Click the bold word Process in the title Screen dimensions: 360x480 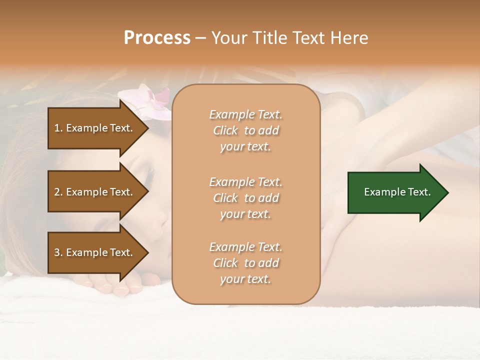157,38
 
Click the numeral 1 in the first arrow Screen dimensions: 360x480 57,128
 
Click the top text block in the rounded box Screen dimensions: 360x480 245,130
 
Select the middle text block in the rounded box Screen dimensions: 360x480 245,197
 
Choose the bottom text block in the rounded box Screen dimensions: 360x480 245,263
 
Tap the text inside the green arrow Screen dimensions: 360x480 397,192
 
